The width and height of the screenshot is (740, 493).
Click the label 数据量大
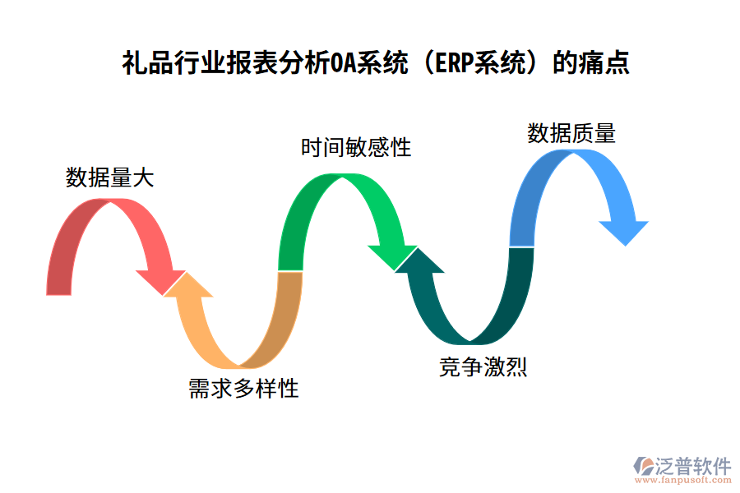pyautogui.click(x=109, y=178)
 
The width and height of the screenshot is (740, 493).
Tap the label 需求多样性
pyautogui.click(x=243, y=389)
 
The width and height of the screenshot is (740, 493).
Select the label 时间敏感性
pyautogui.click(x=355, y=148)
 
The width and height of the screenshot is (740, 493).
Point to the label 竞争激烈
pyautogui.click(x=483, y=367)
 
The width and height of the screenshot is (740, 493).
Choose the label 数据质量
pyautogui.click(x=571, y=134)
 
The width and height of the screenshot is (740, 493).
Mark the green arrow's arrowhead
pyautogui.click(x=393, y=255)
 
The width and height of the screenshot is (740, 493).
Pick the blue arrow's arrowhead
pyautogui.click(x=624, y=229)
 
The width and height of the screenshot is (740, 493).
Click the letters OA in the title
pyautogui.click(x=343, y=64)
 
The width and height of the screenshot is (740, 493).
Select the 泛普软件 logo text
pyautogui.click(x=693, y=466)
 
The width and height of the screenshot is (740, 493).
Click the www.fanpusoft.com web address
pyautogui.click(x=682, y=481)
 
